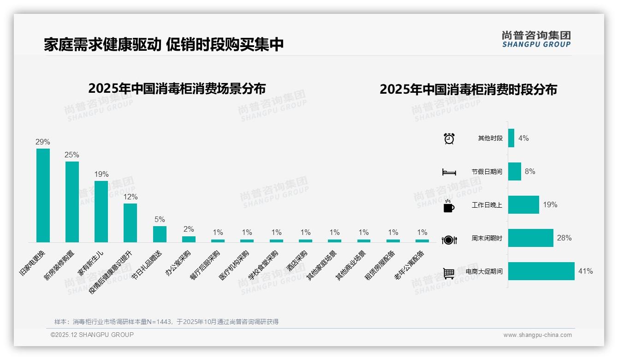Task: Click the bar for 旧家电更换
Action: (43, 195)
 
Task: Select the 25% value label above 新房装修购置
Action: (72, 155)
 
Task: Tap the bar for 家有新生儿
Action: (101, 211)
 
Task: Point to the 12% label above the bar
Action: (130, 197)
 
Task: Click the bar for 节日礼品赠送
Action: (160, 234)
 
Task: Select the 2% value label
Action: (189, 229)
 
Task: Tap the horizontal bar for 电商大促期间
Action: (541, 271)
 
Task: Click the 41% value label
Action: (585, 271)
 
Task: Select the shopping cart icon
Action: (449, 273)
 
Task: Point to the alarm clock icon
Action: (449, 138)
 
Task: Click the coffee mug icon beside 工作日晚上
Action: (449, 206)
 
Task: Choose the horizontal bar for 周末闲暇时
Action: (530, 238)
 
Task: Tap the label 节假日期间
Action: (487, 172)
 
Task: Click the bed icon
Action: (449, 172)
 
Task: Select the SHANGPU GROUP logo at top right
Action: (536, 39)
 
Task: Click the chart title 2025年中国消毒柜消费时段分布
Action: (468, 89)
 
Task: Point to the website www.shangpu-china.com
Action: (537, 335)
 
